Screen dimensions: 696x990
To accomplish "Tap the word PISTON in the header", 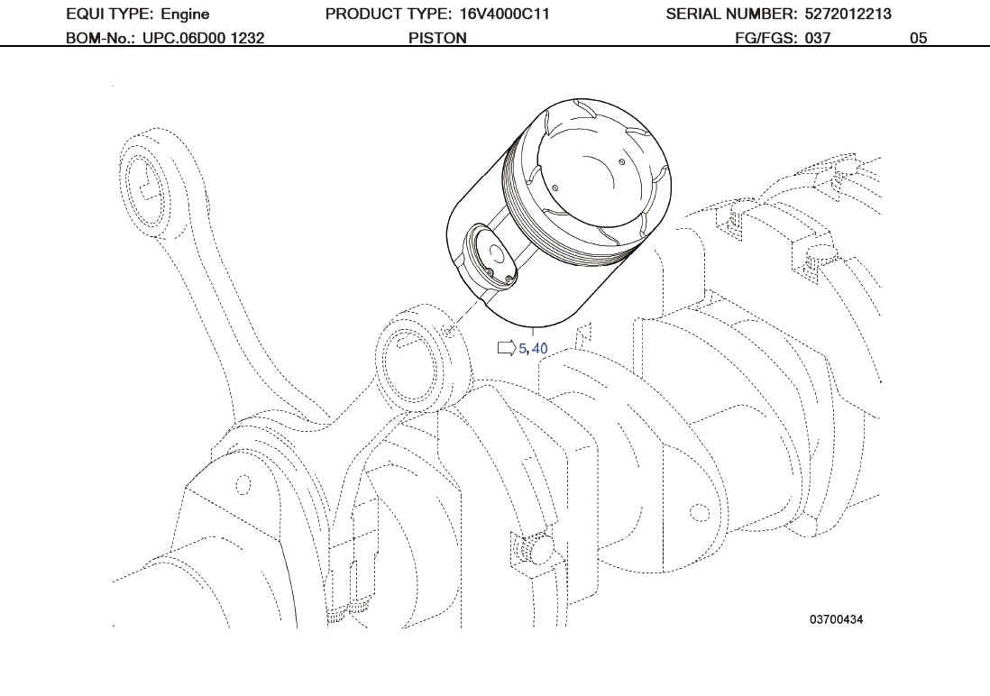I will click(x=437, y=38).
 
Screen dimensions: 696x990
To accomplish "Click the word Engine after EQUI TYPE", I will click(x=185, y=14).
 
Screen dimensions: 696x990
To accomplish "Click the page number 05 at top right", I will click(x=918, y=38).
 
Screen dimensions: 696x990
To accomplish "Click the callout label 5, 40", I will click(x=533, y=348).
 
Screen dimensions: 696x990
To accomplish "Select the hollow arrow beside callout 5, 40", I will click(x=507, y=348).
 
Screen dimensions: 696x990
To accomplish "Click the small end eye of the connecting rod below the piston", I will click(x=412, y=350).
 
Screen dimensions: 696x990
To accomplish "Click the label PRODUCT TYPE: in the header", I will click(x=384, y=14).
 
